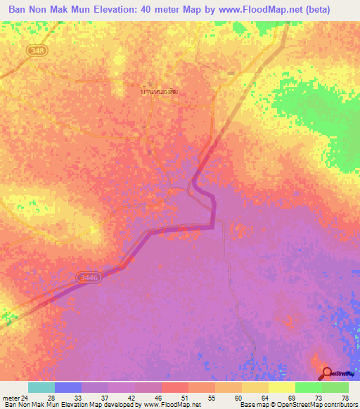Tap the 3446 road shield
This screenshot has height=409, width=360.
[x=89, y=278]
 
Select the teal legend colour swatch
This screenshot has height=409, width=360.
[x=41, y=387]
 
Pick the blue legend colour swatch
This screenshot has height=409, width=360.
[x=68, y=387]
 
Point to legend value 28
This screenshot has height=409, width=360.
[x=51, y=397]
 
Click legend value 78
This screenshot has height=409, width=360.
[x=344, y=397]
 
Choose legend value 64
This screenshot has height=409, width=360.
[x=264, y=397]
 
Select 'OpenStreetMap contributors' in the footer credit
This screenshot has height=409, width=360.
[x=320, y=405]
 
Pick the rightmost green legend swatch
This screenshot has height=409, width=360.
[x=335, y=387]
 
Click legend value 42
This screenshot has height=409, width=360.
[x=131, y=397]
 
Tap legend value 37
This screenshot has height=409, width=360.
[x=104, y=397]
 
